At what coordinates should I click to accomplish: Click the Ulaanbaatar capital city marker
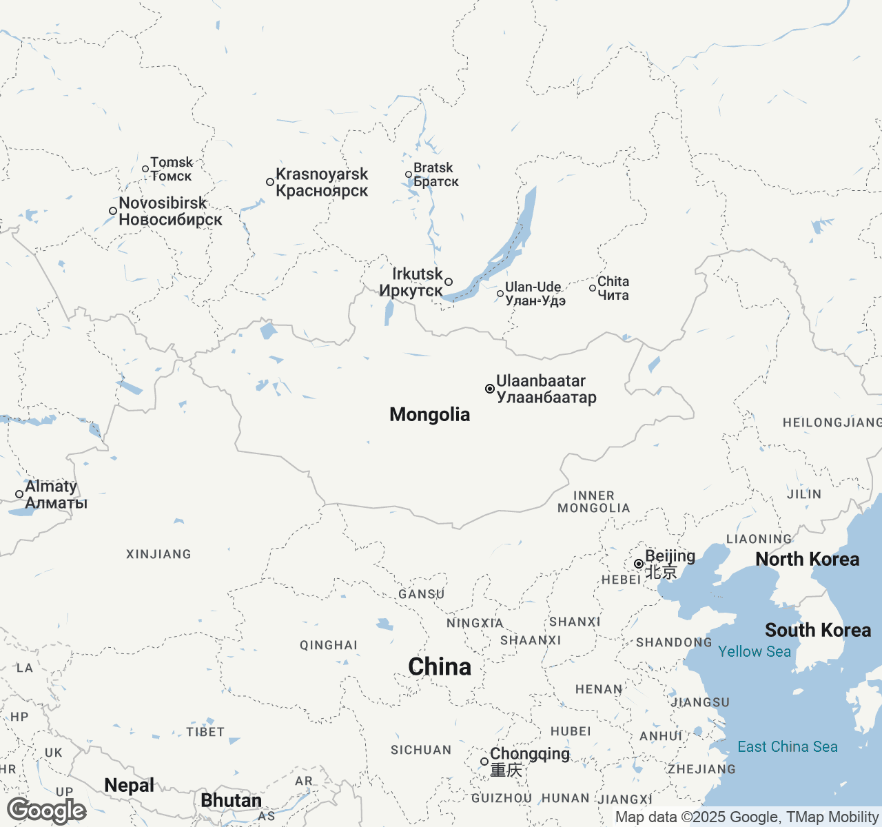490,389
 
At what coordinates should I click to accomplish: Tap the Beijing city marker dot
639,564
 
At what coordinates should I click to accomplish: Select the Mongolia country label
430,414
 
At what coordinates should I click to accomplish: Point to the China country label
440,666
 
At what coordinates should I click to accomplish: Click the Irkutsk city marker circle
449,282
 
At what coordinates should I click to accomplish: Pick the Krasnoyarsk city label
322,183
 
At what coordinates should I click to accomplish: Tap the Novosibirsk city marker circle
113,211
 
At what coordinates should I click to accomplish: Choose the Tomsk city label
172,169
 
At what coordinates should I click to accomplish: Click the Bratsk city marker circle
409,175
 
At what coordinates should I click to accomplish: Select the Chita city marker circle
593,288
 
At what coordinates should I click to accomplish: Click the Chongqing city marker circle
484,762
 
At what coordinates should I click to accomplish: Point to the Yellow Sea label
755,651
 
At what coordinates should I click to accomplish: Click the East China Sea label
788,746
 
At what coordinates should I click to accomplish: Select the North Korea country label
808,559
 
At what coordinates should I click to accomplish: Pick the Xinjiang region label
158,554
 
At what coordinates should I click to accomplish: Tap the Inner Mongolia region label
593,502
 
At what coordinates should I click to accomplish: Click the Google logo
47,810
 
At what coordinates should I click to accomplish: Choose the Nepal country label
129,785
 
